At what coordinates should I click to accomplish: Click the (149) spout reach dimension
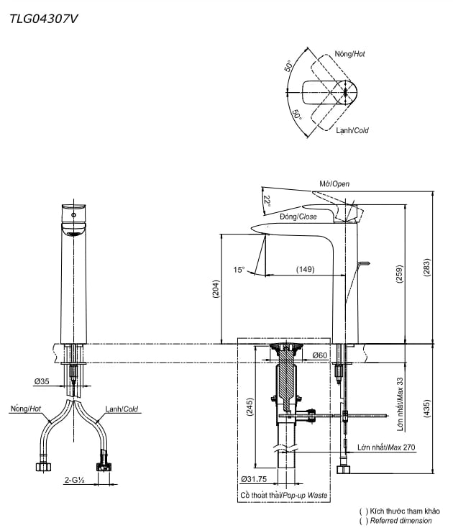pos(306,270)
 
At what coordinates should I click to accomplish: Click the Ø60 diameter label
pos(320,355)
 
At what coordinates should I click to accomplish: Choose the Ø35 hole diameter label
pos(41,381)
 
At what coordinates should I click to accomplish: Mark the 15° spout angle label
pos(239,270)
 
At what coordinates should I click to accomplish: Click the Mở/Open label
pos(334,184)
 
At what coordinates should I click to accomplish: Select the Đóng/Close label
pos(298,217)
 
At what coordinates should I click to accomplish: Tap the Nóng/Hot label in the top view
pos(350,54)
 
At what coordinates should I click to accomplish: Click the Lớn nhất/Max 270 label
pos(386,447)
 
